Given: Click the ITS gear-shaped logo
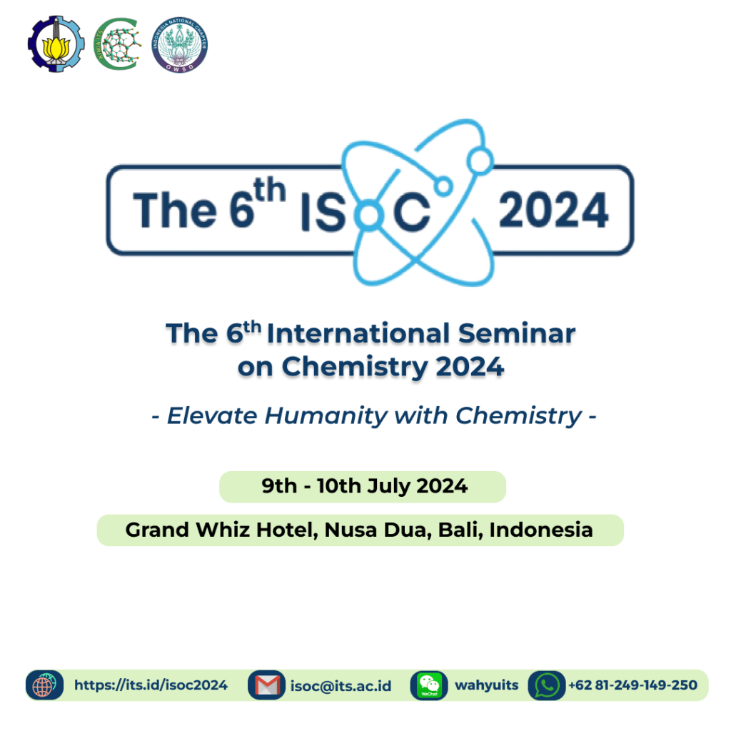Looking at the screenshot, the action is (56, 44).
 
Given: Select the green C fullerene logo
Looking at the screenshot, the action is (118, 44).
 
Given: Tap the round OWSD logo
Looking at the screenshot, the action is (179, 45).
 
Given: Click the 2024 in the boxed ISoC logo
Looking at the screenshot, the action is (553, 211).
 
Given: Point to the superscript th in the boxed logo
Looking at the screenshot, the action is (269, 190).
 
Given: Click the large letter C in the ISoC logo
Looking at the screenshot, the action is (411, 213).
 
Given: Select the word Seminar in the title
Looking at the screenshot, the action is (517, 333).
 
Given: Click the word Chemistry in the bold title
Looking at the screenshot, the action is (355, 367).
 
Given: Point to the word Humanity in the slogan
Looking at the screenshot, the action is (326, 416).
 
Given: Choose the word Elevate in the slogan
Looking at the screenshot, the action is (212, 415).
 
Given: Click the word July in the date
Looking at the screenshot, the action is (389, 486).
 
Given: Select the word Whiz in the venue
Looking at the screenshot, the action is (223, 530).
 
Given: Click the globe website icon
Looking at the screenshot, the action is (44, 685).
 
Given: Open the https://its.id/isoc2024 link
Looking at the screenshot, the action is (151, 685).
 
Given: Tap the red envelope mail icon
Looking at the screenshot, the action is (267, 685).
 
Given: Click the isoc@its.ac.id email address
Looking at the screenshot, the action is (341, 686).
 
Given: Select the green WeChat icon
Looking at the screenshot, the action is (429, 685).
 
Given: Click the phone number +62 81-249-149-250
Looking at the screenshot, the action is (632, 685).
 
